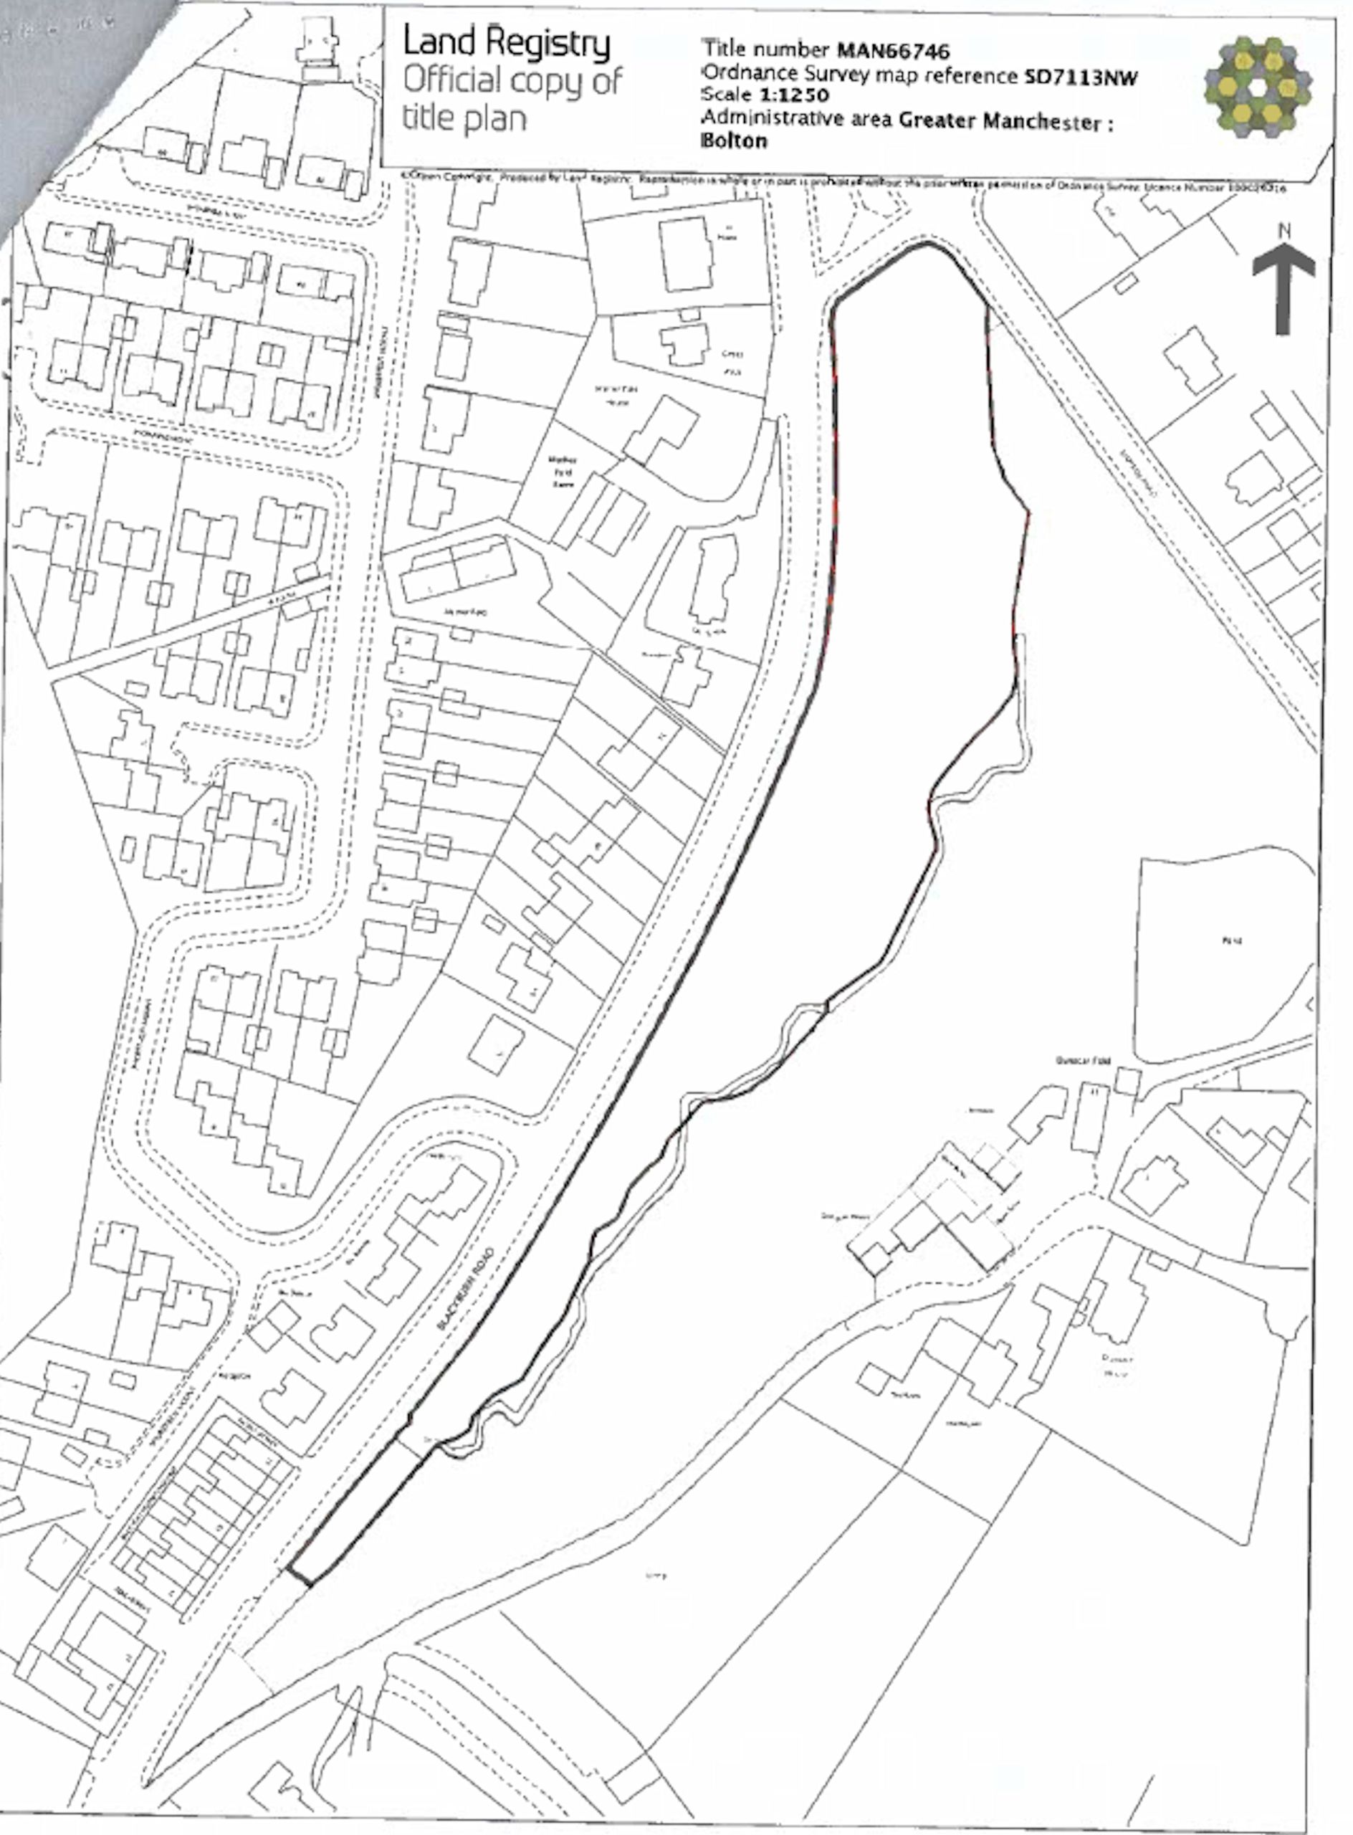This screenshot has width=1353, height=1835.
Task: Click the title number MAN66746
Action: coord(894,52)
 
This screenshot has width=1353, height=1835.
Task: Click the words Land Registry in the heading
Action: coord(506,42)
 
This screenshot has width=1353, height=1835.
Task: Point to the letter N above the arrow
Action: coord(1284,232)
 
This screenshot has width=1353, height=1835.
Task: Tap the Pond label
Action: coord(1231,940)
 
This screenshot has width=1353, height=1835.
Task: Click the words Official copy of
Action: coord(512,80)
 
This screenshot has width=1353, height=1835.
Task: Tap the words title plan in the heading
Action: coord(464,118)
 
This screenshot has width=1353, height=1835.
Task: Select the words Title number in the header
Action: coord(767,50)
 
